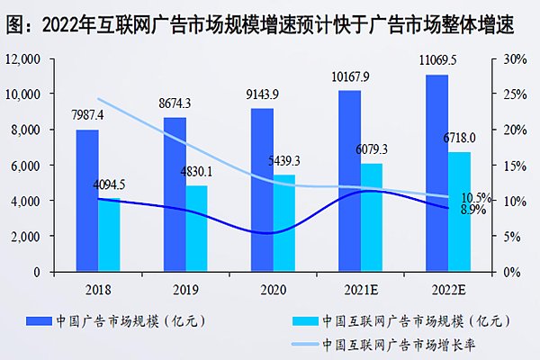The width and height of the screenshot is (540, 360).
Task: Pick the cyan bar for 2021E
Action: pyautogui.click(x=370, y=217)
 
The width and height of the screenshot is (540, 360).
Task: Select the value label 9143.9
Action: pyautogui.click(x=261, y=96)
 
